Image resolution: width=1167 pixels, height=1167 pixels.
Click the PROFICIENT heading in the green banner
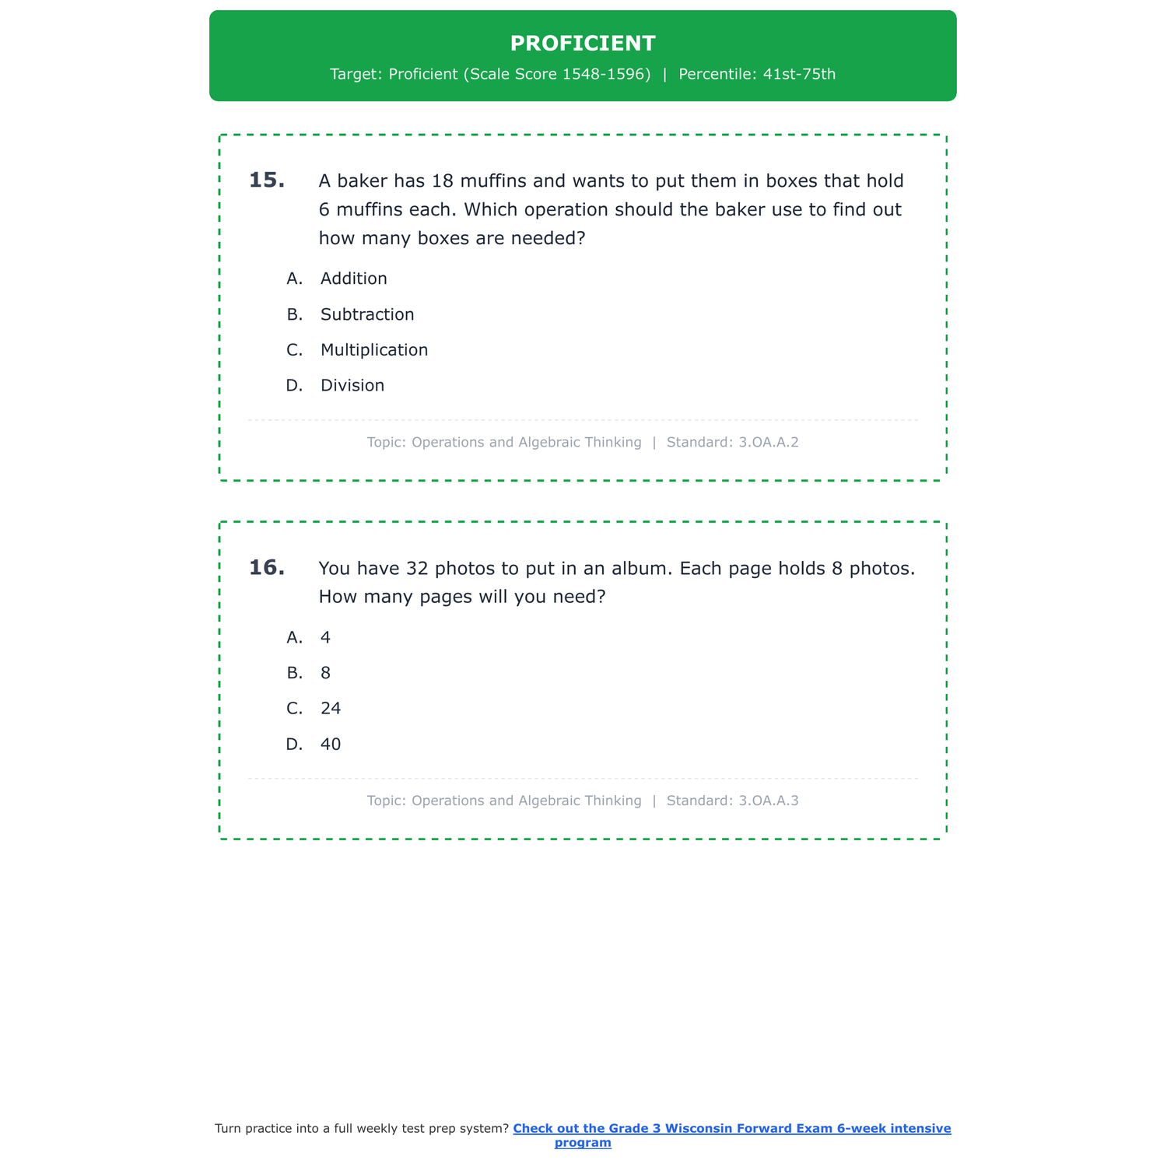(x=583, y=44)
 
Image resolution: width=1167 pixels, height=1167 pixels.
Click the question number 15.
(x=266, y=180)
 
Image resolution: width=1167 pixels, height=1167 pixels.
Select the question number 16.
(x=266, y=568)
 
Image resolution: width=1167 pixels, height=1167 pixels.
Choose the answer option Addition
(x=353, y=279)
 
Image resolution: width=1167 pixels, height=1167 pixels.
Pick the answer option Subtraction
(x=367, y=314)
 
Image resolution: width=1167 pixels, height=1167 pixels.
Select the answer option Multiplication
(x=374, y=350)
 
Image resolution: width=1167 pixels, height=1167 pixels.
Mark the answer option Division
(x=352, y=386)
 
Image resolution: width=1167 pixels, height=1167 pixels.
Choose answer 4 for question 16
(x=325, y=637)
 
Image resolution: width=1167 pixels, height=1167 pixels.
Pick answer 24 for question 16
(x=331, y=709)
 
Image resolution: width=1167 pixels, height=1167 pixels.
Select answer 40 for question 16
(x=331, y=745)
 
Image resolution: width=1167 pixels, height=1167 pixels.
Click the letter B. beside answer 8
(x=294, y=673)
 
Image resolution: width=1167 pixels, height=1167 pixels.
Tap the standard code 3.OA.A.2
(x=768, y=443)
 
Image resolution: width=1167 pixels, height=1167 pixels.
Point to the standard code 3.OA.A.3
(x=768, y=801)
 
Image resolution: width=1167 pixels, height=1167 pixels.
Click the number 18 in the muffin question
(x=442, y=181)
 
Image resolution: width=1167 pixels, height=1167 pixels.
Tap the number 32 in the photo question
(x=418, y=569)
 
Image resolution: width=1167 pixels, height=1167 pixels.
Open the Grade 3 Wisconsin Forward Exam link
(x=731, y=1129)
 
